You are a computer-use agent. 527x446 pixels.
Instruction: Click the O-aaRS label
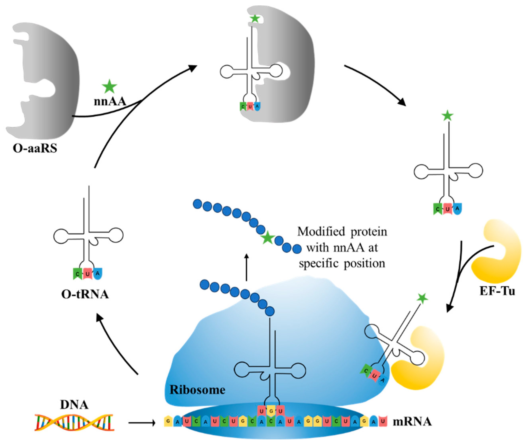point(35,148)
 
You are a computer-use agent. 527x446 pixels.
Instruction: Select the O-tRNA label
point(85,294)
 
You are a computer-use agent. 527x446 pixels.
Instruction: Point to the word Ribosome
point(197,390)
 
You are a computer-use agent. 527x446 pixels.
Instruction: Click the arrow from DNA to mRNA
point(142,422)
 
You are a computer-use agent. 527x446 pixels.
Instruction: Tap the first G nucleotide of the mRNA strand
point(168,422)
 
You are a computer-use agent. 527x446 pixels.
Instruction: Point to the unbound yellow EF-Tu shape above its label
point(497,253)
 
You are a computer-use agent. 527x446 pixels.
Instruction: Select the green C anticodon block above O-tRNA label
point(77,274)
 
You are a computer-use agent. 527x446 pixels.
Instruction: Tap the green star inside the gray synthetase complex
point(255,19)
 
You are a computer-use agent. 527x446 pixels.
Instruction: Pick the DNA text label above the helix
point(74,405)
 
